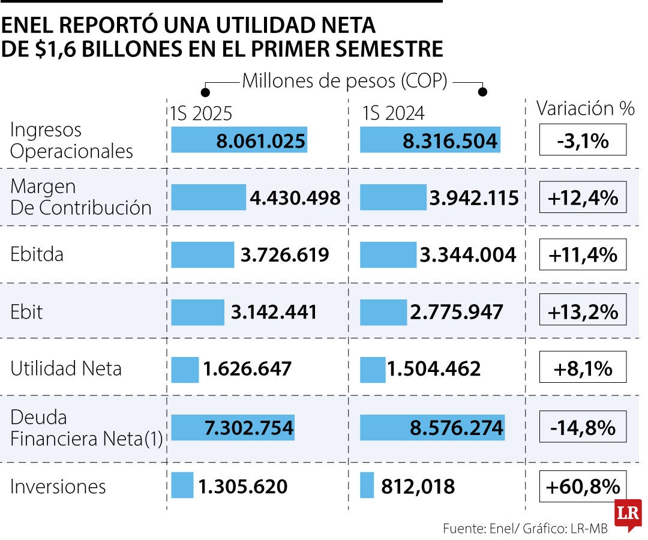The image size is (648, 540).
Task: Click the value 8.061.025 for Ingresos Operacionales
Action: [261, 142]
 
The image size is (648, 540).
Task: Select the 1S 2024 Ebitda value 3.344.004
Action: [468, 254]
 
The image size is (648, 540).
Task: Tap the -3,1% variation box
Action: [583, 140]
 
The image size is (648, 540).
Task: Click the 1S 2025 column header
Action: [201, 113]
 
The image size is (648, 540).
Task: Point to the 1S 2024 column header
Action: [393, 113]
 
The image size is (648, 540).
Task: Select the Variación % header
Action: [585, 109]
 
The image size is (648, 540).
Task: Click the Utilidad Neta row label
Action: [66, 368]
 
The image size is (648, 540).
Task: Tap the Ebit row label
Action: [26, 312]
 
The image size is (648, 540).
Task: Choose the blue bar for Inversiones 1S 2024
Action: [367, 485]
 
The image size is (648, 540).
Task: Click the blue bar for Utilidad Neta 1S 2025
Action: [185, 370]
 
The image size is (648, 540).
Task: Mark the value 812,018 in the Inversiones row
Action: [418, 487]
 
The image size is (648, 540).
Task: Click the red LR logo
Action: [628, 514]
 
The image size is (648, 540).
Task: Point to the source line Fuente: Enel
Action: [525, 529]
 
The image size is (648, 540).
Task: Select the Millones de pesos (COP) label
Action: [344, 81]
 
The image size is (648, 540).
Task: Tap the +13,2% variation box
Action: [583, 311]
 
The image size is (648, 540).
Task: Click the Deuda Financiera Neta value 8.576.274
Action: [457, 428]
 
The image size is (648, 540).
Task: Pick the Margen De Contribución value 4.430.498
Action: [295, 197]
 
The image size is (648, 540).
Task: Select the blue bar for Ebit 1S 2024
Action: [375, 312]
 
